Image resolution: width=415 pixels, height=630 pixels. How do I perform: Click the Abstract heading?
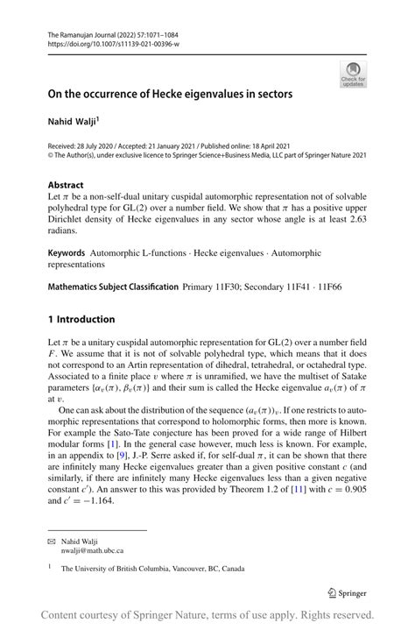[x=67, y=186]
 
